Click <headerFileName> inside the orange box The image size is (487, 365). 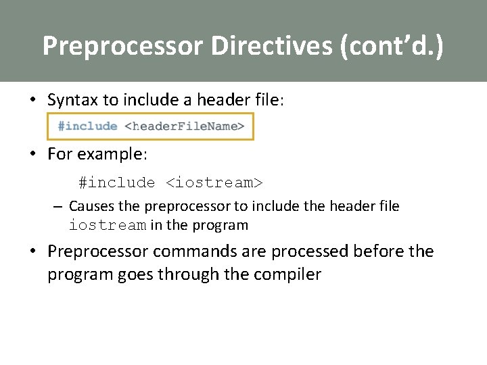[185, 126]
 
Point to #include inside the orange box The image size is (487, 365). [87, 126]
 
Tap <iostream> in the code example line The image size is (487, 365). [214, 182]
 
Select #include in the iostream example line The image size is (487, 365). [116, 182]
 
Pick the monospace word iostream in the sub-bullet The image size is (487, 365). [108, 225]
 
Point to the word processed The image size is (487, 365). [308, 251]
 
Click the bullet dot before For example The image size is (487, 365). [32, 154]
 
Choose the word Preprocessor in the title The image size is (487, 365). [122, 46]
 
